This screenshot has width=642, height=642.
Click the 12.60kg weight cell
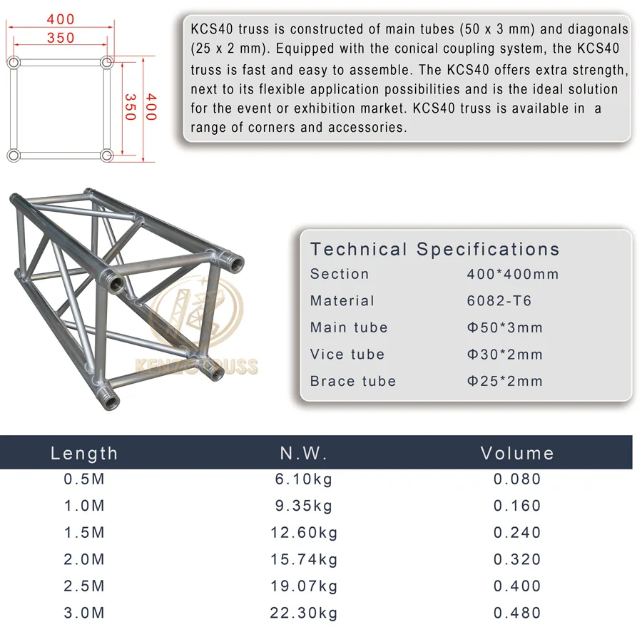pyautogui.click(x=303, y=533)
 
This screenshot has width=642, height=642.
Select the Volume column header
pyautogui.click(x=517, y=454)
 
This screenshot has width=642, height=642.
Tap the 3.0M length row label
pyautogui.click(x=84, y=613)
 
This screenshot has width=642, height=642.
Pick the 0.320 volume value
pyautogui.click(x=517, y=559)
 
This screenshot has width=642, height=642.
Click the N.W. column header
pyautogui.click(x=304, y=454)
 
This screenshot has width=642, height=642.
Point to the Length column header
pyautogui.click(x=84, y=454)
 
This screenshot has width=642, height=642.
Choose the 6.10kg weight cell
pyautogui.click(x=303, y=479)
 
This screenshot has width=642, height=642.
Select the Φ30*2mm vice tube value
pyautogui.click(x=505, y=355)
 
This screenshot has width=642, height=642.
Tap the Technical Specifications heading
pyautogui.click(x=435, y=249)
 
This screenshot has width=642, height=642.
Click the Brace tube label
pyautogui.click(x=353, y=381)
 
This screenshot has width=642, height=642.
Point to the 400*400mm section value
pyautogui.click(x=513, y=274)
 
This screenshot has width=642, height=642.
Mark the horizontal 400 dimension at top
pyautogui.click(x=60, y=17)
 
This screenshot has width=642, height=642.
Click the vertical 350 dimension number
pyautogui.click(x=130, y=107)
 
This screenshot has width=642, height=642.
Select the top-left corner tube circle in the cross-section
pyautogui.click(x=14, y=63)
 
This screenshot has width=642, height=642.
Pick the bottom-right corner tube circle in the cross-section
pyautogui.click(x=106, y=155)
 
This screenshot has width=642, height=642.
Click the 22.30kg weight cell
pyautogui.click(x=303, y=613)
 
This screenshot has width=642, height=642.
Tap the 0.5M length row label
pyautogui.click(x=84, y=479)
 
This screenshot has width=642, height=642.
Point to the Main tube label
pyautogui.click(x=349, y=327)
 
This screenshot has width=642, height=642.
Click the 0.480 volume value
pyautogui.click(x=517, y=613)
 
